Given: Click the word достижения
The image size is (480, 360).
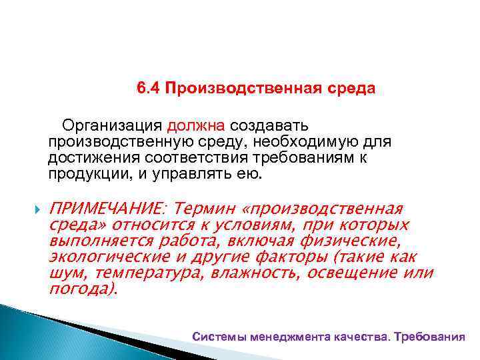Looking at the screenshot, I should [x=85, y=159].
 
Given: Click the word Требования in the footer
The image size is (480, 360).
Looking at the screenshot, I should [x=429, y=337].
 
